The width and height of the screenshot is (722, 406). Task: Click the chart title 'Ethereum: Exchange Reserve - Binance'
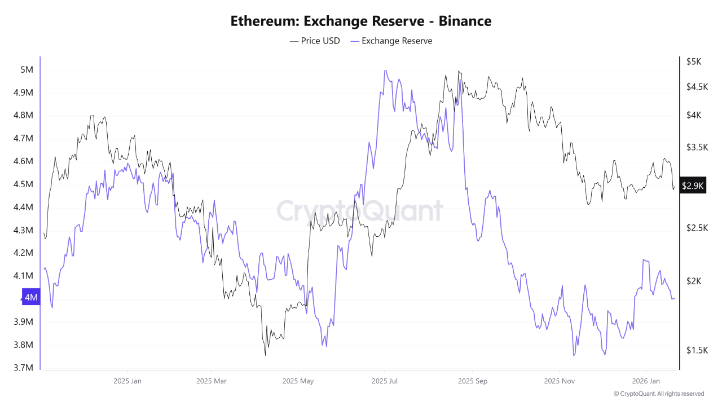(361, 21)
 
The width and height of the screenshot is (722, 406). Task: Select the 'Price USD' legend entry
(315, 41)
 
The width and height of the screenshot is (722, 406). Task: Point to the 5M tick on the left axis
(27, 70)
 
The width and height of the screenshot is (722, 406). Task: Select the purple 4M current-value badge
(31, 297)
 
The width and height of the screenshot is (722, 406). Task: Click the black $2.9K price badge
(692, 186)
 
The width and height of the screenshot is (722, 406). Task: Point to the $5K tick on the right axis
(694, 61)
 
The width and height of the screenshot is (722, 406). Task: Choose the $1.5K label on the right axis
(697, 350)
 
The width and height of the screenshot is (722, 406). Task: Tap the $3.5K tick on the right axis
(697, 147)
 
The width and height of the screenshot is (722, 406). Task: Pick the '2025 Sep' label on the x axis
(473, 381)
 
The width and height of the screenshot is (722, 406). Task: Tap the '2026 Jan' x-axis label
(646, 381)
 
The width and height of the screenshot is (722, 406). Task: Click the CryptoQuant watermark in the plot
(359, 211)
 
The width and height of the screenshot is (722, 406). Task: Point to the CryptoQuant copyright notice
(658, 394)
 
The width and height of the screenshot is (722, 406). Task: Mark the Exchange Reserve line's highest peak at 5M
(385, 71)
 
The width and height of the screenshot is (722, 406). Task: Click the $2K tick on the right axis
(694, 281)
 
